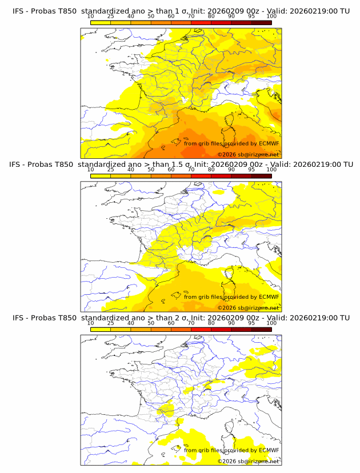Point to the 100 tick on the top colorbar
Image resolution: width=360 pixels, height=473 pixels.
[271, 16]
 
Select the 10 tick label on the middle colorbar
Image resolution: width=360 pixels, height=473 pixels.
[91, 170]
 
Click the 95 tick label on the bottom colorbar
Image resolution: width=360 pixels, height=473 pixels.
[251, 323]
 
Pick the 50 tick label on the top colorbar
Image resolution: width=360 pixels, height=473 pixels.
[151, 16]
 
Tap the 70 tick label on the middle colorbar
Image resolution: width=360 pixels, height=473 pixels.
[191, 170]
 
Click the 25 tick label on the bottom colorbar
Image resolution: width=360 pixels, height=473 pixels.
[111, 323]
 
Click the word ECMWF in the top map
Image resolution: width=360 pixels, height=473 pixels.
[269, 143]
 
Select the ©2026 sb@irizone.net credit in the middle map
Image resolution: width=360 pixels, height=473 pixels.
[248, 307]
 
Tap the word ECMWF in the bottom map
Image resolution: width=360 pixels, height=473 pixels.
[269, 450]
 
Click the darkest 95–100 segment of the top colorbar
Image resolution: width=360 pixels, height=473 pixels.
[261, 22]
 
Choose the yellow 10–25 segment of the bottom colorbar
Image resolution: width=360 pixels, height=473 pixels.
[101, 329]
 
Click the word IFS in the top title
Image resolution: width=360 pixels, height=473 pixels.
[18, 11]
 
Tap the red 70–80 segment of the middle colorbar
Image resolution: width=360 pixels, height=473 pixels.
[201, 176]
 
